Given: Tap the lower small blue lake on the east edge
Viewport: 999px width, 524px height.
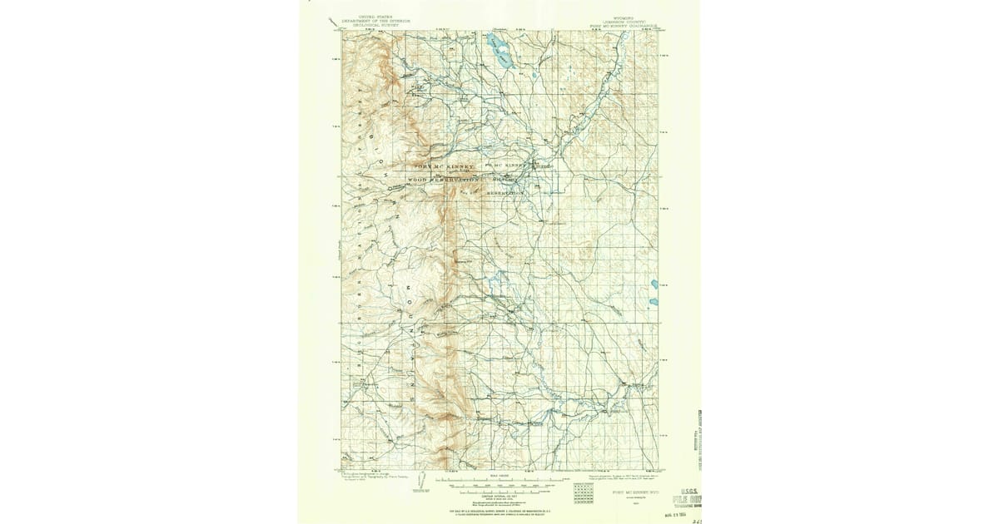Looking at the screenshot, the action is pyautogui.click(x=655, y=300).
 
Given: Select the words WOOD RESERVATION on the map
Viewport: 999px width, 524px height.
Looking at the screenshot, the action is pyautogui.click(x=443, y=180).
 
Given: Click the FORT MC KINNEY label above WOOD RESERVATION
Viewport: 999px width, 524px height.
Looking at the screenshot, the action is pyautogui.click(x=441, y=166).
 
